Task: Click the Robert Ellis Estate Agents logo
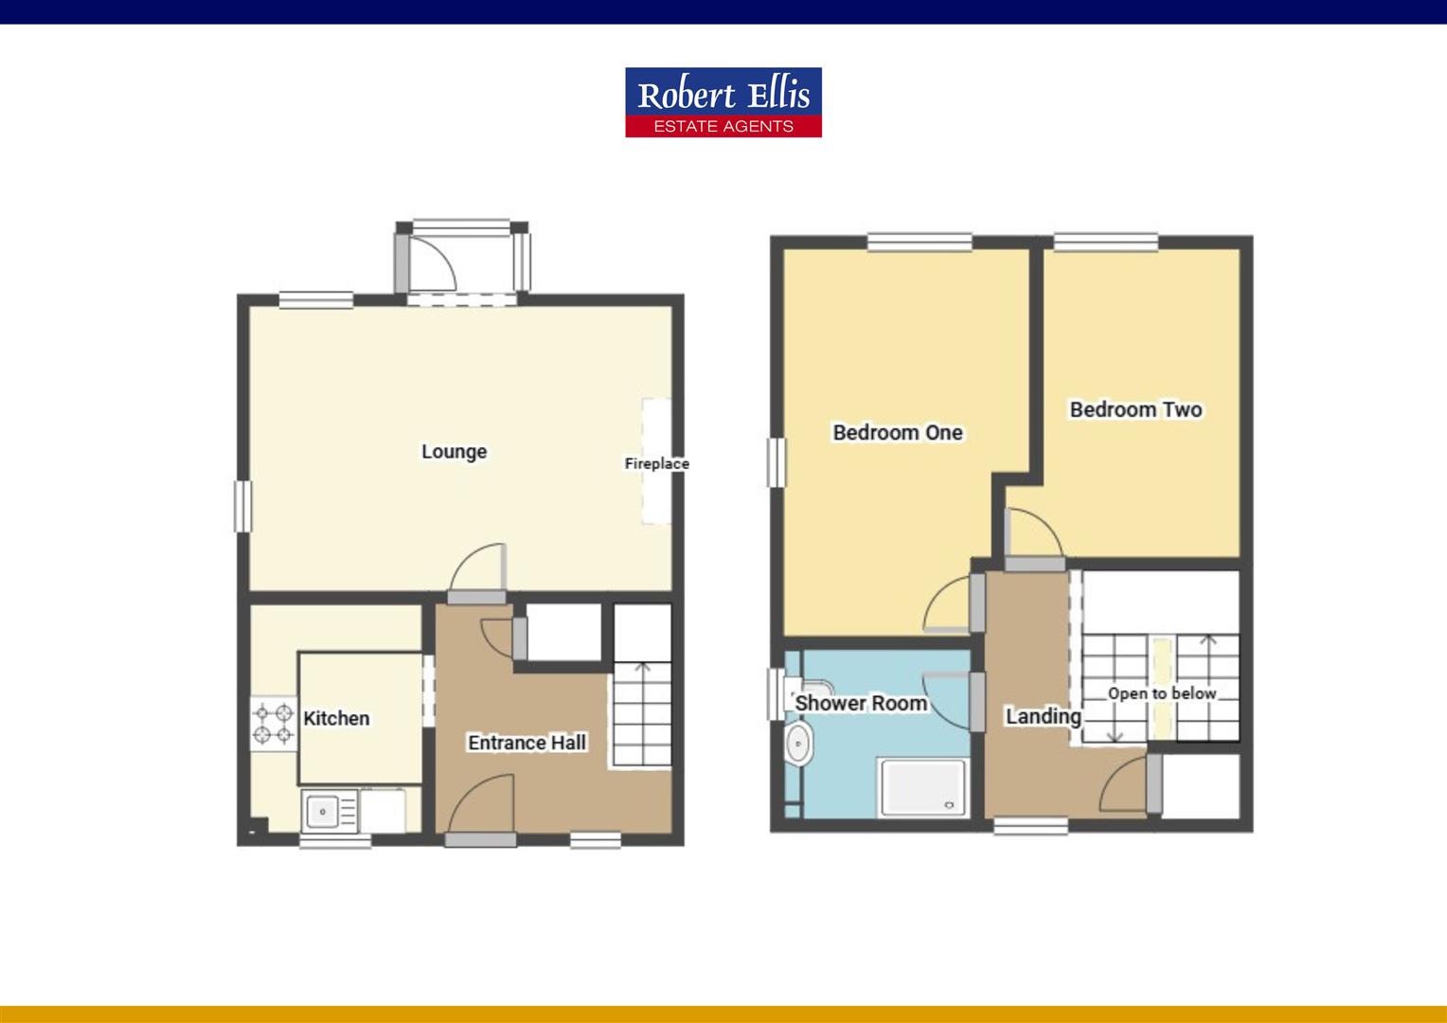click(x=723, y=102)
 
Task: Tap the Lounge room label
click(x=454, y=452)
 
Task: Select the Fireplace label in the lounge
click(x=656, y=463)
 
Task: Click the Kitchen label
click(x=336, y=718)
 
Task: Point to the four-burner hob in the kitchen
click(x=272, y=722)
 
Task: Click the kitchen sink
click(x=323, y=812)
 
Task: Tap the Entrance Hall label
click(x=527, y=743)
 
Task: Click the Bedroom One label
click(x=898, y=433)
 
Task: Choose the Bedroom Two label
click(x=1135, y=409)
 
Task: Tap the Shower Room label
click(x=860, y=703)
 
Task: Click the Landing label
click(x=1043, y=716)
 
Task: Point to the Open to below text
click(x=1162, y=693)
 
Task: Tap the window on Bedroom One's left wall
click(x=777, y=462)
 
